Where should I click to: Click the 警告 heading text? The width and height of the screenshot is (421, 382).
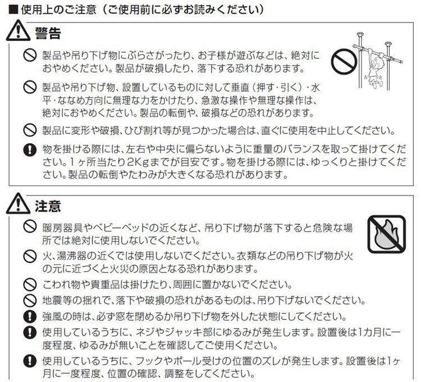(48, 34)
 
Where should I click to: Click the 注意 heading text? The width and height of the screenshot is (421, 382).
(48, 206)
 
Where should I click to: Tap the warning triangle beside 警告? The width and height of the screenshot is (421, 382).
(19, 31)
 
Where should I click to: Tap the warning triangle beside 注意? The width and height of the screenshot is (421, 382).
(19, 203)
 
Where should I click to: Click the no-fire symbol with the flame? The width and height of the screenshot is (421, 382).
(387, 234)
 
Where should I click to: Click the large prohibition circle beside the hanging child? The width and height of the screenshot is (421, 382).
(344, 62)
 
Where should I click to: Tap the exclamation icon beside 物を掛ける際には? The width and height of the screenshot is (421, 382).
(30, 149)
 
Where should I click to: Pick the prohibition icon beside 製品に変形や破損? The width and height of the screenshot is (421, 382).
(30, 130)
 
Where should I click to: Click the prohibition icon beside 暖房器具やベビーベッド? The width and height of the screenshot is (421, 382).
(30, 227)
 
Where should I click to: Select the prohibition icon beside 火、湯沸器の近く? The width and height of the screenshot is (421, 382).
(30, 256)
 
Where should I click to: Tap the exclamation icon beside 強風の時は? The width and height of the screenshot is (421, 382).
(30, 317)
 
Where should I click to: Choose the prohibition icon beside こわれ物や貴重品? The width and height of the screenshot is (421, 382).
(30, 284)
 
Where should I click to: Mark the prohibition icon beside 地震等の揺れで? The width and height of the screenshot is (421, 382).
(30, 301)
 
